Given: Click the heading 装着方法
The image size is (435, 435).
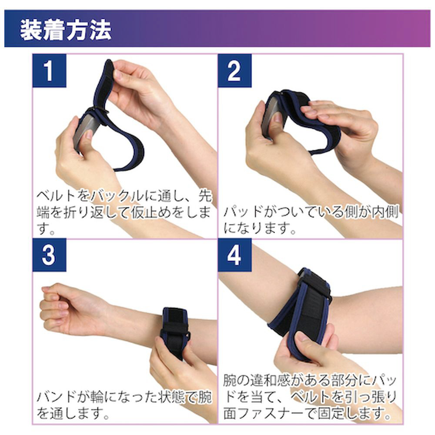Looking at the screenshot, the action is tap(66, 30).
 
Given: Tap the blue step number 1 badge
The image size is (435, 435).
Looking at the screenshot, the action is tap(50, 71).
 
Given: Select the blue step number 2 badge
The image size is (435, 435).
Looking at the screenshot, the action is tap(235, 71).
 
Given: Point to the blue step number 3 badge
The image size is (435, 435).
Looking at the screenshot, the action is tap(50, 255).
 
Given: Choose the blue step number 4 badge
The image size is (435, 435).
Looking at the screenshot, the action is tap(235, 255).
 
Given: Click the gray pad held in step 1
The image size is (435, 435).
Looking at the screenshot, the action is tap(85, 130).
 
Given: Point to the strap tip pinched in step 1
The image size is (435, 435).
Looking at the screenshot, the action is tap(109, 66).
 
